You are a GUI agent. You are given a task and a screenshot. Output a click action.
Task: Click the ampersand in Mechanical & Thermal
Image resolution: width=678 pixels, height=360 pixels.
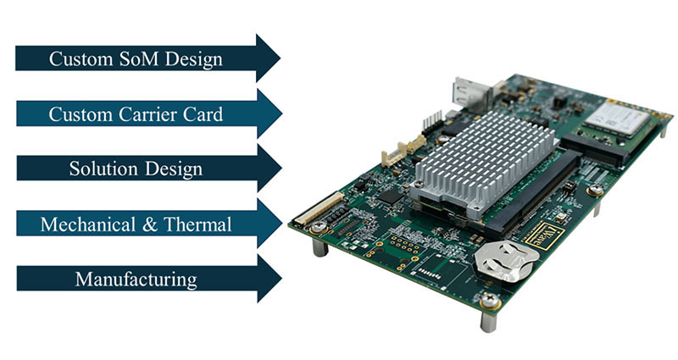pos(149,224)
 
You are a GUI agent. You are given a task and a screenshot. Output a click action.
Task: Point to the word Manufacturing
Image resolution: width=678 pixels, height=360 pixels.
pos(136,280)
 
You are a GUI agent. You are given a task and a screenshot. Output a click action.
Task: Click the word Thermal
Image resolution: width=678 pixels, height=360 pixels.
pos(197,224)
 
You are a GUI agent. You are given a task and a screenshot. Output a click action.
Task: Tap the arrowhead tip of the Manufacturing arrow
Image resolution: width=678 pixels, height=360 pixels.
pos(281,279)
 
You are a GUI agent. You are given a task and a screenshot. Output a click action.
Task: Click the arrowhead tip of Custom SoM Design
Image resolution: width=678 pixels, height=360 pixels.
pos(280,58)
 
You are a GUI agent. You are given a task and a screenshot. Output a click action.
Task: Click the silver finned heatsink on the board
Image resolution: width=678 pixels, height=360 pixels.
pos(483,160)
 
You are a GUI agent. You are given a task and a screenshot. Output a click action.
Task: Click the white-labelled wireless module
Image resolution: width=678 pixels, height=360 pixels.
pos(620,117)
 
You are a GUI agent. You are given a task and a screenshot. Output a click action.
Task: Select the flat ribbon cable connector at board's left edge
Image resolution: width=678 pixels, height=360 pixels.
pos(320,208)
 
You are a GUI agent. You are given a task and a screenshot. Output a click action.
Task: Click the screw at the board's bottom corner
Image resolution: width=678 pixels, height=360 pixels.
pos(490,300)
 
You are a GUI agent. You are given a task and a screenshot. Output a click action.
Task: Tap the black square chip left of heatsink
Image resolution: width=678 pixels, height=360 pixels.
pos(391,197)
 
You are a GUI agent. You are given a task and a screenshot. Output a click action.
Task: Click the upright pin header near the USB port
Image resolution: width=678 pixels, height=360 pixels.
pos(432,122)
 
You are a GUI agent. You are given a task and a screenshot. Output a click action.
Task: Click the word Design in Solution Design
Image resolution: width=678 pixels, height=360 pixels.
pos(174,169)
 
